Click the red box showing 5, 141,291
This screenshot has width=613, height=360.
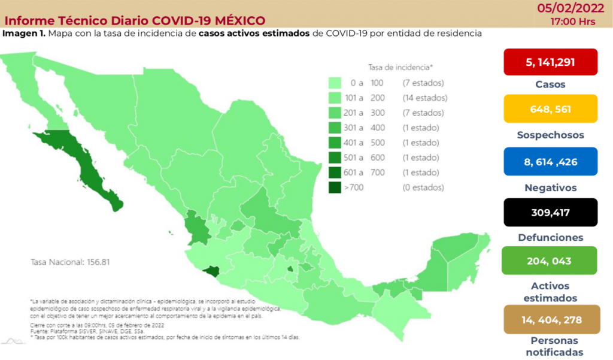[551, 62]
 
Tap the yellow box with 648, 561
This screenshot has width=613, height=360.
[551, 109]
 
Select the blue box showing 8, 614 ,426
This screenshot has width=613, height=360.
[551, 162]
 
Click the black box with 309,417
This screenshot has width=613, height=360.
[551, 212]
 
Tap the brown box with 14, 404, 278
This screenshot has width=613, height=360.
[551, 319]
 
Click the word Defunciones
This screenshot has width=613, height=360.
[551, 237]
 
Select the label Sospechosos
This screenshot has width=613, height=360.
[551, 135]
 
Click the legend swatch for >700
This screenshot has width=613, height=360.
[335, 187]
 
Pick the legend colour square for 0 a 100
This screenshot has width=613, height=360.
[335, 83]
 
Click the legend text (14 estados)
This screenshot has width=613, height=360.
[424, 98]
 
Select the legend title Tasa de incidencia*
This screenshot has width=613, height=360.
[400, 67]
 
